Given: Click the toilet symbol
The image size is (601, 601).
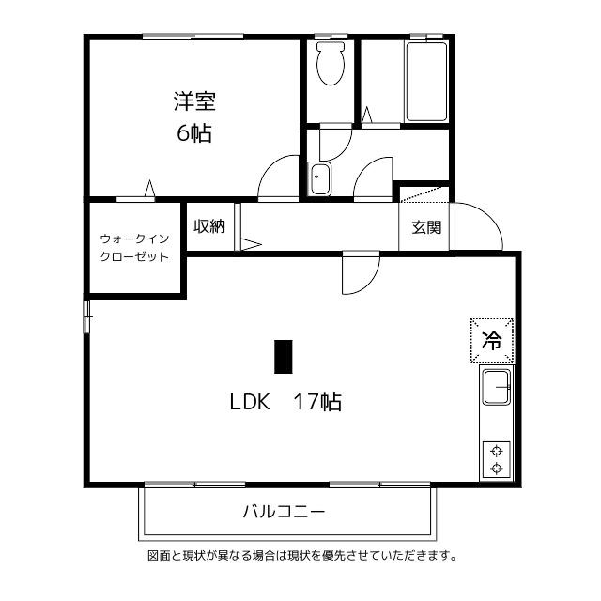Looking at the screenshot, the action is pos(331,63).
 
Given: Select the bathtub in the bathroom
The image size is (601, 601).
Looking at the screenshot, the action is pos(426,82).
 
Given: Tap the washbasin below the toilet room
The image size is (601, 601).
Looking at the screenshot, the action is pos(320,179).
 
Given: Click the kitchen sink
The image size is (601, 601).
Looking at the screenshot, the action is pos(497,387).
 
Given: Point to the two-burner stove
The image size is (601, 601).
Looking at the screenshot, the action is pos(497,459).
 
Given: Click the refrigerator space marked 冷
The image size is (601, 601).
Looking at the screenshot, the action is pos(492,340).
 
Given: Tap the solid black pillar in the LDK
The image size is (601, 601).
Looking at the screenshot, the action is pos(284,357).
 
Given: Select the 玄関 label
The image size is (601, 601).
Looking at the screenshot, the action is pos(426,227).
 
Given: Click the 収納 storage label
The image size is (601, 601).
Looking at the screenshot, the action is pos(208,226).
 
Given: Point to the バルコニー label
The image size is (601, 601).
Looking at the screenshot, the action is pos(284,511).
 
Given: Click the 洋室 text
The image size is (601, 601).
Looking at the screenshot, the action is pos(194,101).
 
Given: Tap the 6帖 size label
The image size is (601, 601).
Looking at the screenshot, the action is pos(194,133).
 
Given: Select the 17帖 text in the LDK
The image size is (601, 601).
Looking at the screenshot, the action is pos(317,402).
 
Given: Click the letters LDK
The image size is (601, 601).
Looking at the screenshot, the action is pos(250,402).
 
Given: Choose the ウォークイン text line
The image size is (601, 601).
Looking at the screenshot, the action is pos(134,239).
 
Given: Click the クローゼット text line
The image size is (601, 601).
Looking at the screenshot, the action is pos(134,256).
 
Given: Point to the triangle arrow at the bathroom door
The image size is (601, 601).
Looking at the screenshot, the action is pos(367,115).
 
